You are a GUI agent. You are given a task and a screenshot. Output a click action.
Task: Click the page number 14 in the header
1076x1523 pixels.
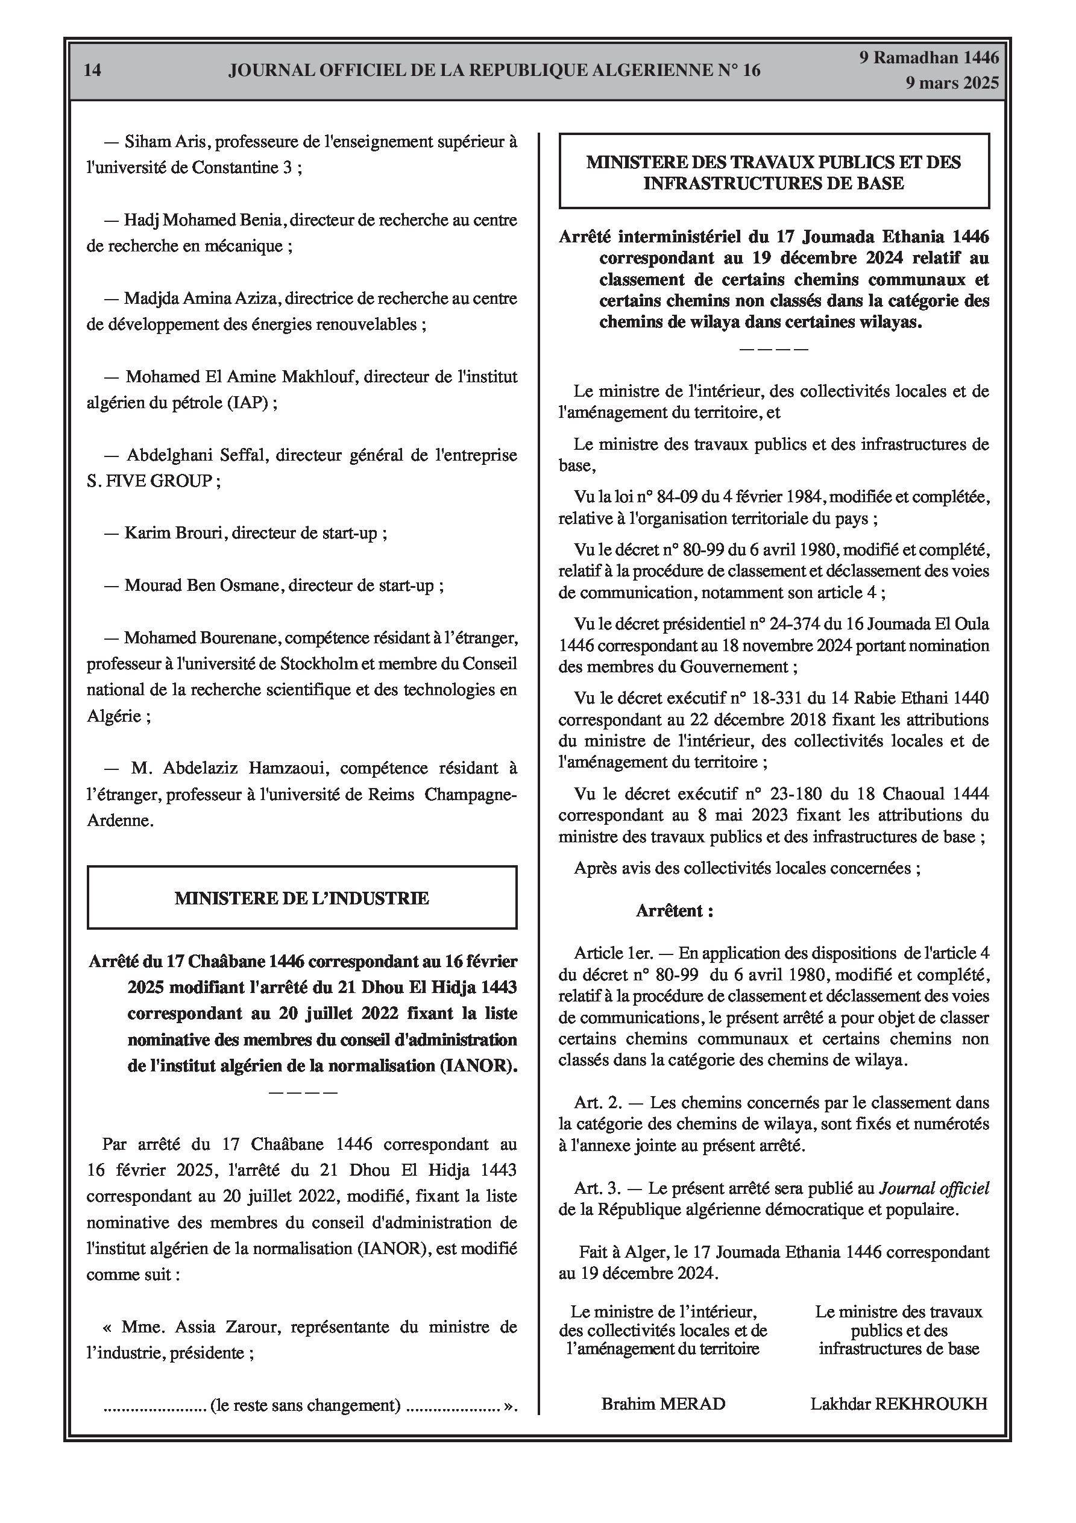tap(93, 71)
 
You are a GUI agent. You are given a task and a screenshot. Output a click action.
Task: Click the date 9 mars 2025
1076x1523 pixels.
tap(952, 83)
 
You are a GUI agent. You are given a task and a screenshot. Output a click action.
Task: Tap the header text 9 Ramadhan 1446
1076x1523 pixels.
tap(929, 58)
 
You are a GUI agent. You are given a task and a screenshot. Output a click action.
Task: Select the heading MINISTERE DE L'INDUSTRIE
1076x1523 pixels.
tap(302, 898)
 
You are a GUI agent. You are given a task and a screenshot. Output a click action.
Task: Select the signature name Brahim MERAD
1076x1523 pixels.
tap(663, 1404)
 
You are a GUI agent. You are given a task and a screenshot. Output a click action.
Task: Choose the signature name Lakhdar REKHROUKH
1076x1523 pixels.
tap(898, 1404)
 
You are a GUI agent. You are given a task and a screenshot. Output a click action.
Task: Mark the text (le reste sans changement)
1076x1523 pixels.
tap(305, 1405)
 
